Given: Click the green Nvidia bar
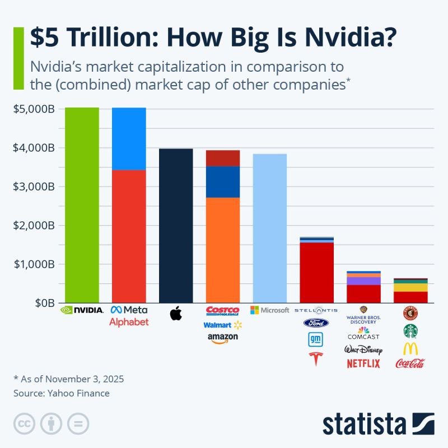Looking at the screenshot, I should click(82, 204).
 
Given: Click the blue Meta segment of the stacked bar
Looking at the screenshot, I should click(129, 138).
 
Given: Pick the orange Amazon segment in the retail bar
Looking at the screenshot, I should click(223, 249).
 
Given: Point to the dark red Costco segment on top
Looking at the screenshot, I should click(223, 158).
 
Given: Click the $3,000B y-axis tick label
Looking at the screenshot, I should click(34, 186).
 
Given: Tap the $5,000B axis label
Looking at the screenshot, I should click(34, 109).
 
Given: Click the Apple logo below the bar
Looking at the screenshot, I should click(176, 313).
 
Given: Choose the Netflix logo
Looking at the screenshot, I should click(363, 363).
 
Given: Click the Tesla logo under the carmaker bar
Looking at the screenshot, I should click(316, 359).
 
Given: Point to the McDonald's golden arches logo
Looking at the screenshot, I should click(410, 348).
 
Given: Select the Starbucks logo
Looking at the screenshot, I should click(410, 331).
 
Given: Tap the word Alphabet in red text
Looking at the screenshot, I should click(129, 322).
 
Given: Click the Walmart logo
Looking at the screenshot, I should click(222, 325).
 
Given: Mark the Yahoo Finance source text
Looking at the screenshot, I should click(62, 393).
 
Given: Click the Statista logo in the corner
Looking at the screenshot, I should click(378, 424).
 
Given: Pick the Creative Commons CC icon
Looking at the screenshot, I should click(24, 423).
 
